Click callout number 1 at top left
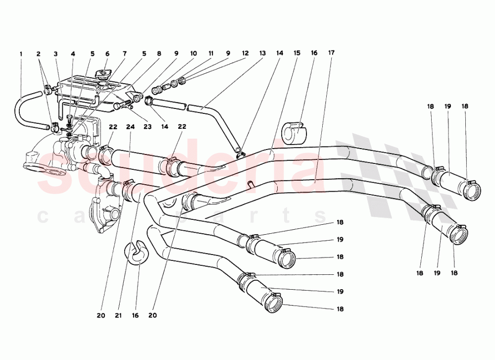tap(21, 53)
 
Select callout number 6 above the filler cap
tap(106, 53)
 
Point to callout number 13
tap(262, 53)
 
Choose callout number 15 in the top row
tap(297, 53)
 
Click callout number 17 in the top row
tap(331, 53)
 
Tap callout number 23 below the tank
tap(147, 127)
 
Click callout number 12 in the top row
tap(246, 53)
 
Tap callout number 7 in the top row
tap(125, 53)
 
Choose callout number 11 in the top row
tap(211, 53)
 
